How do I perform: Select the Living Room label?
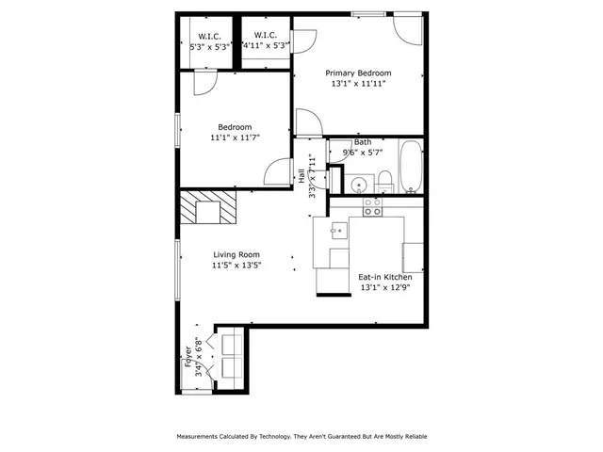pyautogui.click(x=236, y=254)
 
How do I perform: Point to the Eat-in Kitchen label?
pyautogui.click(x=384, y=278)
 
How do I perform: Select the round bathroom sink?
pyautogui.click(x=357, y=182)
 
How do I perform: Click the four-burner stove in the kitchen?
pyautogui.click(x=373, y=206)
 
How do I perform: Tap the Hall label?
pyautogui.click(x=301, y=176)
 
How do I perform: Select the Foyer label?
pyautogui.click(x=187, y=359)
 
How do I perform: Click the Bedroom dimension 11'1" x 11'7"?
pyautogui.click(x=235, y=137)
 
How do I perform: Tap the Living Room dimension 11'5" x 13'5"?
pyautogui.click(x=236, y=266)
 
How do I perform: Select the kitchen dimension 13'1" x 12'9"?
pyautogui.click(x=384, y=289)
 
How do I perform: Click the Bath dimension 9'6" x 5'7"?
pyautogui.click(x=362, y=153)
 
